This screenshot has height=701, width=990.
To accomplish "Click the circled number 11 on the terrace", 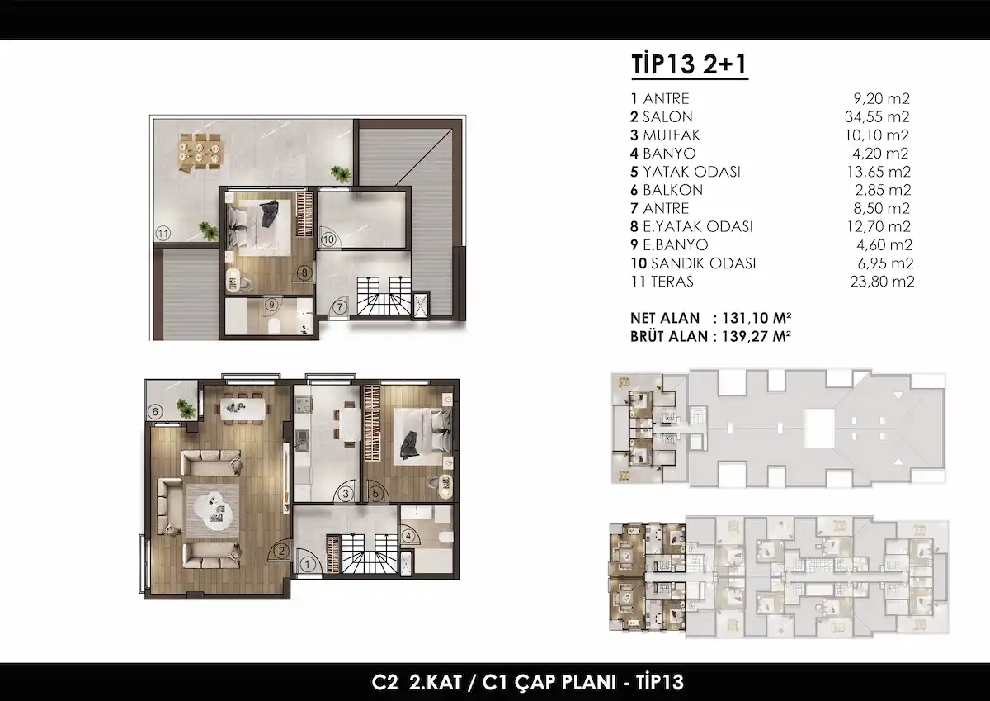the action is click(x=163, y=234).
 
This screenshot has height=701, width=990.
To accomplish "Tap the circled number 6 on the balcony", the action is click(x=155, y=412).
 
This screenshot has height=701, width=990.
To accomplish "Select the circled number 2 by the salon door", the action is click(x=281, y=551).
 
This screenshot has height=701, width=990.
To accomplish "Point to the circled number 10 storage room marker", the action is click(x=328, y=239).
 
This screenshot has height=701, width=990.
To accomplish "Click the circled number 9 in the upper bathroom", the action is click(x=271, y=305).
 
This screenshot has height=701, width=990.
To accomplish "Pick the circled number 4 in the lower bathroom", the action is click(x=408, y=537).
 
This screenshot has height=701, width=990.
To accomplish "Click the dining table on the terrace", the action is click(x=200, y=152).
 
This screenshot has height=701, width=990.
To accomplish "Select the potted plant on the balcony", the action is click(x=186, y=408).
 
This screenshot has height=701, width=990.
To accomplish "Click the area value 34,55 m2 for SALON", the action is click(x=877, y=116).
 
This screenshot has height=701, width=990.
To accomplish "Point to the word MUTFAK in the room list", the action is click(x=672, y=135).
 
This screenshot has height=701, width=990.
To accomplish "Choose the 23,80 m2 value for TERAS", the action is click(x=882, y=282).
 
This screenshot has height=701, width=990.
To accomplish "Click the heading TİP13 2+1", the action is click(x=690, y=64).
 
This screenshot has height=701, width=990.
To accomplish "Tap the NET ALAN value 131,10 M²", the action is click(x=757, y=318).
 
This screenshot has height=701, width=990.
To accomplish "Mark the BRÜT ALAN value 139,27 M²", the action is click(x=757, y=336).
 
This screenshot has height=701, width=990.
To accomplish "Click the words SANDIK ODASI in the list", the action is click(x=704, y=263).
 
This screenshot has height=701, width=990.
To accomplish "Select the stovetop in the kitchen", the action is click(x=303, y=405).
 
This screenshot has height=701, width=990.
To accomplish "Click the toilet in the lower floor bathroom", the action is click(x=446, y=537).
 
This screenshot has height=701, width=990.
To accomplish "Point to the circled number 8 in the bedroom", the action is click(x=304, y=272).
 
